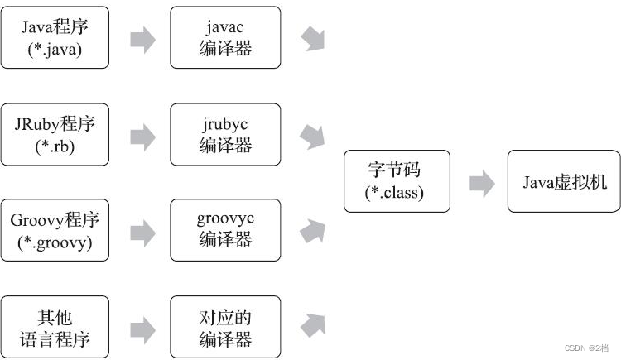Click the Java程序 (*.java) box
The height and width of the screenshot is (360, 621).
tap(54, 38)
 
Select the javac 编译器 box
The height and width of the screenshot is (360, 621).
tap(225, 38)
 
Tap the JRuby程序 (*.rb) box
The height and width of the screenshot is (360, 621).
tap(54, 134)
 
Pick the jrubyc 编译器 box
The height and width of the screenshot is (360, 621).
tap(225, 134)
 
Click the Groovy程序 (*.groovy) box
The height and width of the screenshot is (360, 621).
tap(54, 231)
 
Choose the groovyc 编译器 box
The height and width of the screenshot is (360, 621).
tap(225, 231)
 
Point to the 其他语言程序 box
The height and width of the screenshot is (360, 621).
tap(54, 327)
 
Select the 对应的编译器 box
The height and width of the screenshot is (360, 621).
tap(225, 327)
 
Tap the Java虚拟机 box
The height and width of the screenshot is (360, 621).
tap(564, 181)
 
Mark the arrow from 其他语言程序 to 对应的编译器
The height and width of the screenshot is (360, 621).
tap(142, 328)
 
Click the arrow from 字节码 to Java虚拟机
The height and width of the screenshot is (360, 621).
tap(482, 183)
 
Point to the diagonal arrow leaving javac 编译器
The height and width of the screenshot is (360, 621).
tap(313, 38)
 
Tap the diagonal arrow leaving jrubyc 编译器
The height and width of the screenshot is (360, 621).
tap(313, 137)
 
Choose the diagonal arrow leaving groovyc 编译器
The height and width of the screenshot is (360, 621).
tap(312, 231)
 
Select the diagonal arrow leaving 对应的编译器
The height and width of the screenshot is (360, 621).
tap(312, 325)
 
